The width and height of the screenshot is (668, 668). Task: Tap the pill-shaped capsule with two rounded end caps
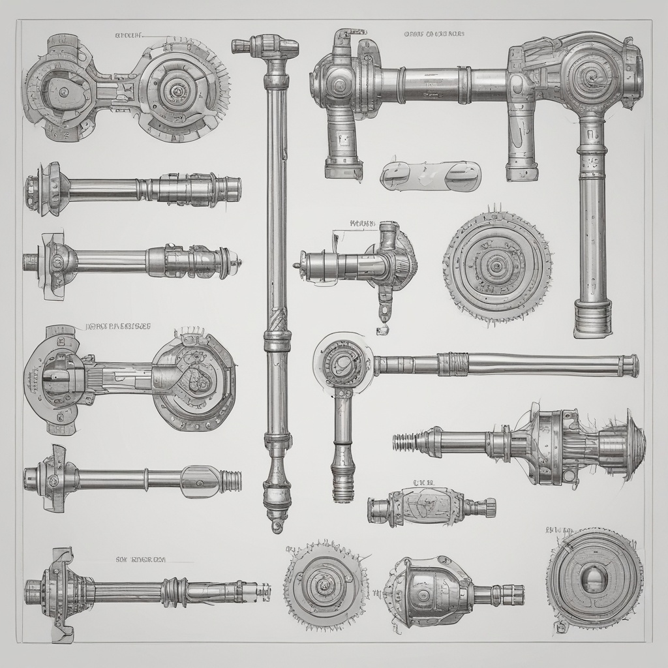(431, 175)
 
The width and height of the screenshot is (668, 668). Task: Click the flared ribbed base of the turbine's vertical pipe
(592, 318)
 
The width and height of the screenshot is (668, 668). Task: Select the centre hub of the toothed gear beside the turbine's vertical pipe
(497, 266)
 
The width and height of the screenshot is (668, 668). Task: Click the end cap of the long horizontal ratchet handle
(630, 365)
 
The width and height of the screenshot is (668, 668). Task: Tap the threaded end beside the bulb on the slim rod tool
(230, 481)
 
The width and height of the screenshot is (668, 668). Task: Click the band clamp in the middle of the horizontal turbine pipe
(464, 85)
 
